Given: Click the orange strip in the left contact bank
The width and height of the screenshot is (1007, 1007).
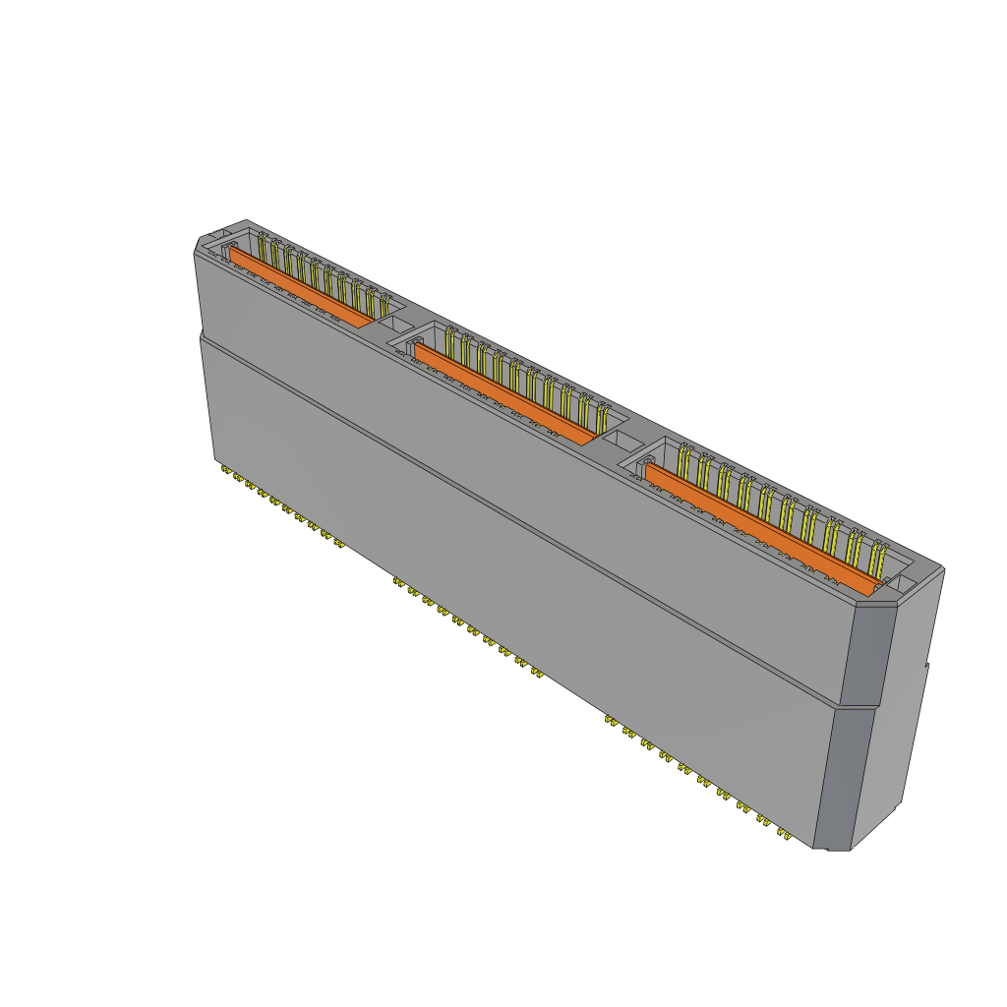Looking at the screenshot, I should pos(300,286).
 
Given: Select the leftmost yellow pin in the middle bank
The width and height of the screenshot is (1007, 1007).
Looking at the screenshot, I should pos(448,344).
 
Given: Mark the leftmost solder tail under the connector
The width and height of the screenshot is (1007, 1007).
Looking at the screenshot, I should pos(225,473).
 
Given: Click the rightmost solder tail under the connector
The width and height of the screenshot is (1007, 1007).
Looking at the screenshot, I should pos(786,835).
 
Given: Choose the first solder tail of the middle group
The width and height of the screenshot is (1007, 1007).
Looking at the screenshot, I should pos(397,583).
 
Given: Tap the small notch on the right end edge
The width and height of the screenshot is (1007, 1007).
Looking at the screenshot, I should pos(926,669).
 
